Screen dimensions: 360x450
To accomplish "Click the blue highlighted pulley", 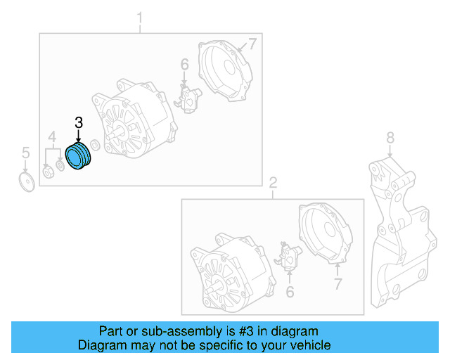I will click(79, 157).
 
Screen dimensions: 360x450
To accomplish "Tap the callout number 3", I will click(79, 123).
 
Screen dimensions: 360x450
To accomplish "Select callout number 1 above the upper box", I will click(139, 17).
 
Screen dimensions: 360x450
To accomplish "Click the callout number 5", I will click(25, 152).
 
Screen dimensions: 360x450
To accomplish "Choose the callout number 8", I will click(391, 137).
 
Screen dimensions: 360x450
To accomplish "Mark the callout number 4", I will click(51, 136).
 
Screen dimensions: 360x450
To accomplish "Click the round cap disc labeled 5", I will click(27, 182).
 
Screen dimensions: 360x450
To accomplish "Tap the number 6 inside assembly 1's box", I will click(184, 65).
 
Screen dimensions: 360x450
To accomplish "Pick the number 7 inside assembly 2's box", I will click(338, 285).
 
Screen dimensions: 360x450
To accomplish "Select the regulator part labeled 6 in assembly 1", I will click(188, 99).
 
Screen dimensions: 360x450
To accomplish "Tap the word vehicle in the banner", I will click(310, 345).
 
